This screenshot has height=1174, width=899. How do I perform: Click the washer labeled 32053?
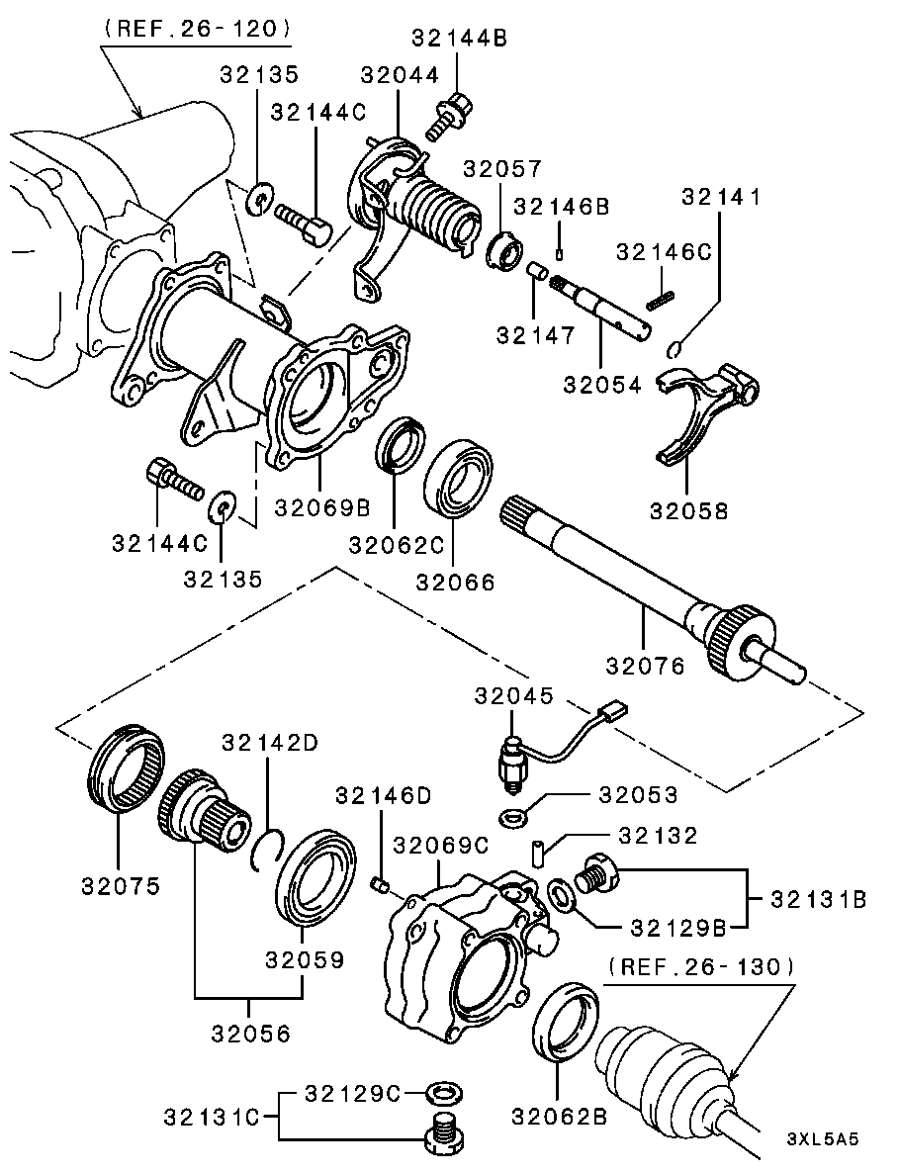click(513, 818)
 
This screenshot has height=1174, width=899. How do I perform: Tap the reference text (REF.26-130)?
click(701, 965)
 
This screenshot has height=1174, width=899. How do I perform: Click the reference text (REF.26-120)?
click(197, 29)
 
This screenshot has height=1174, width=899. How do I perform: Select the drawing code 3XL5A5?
click(823, 1138)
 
